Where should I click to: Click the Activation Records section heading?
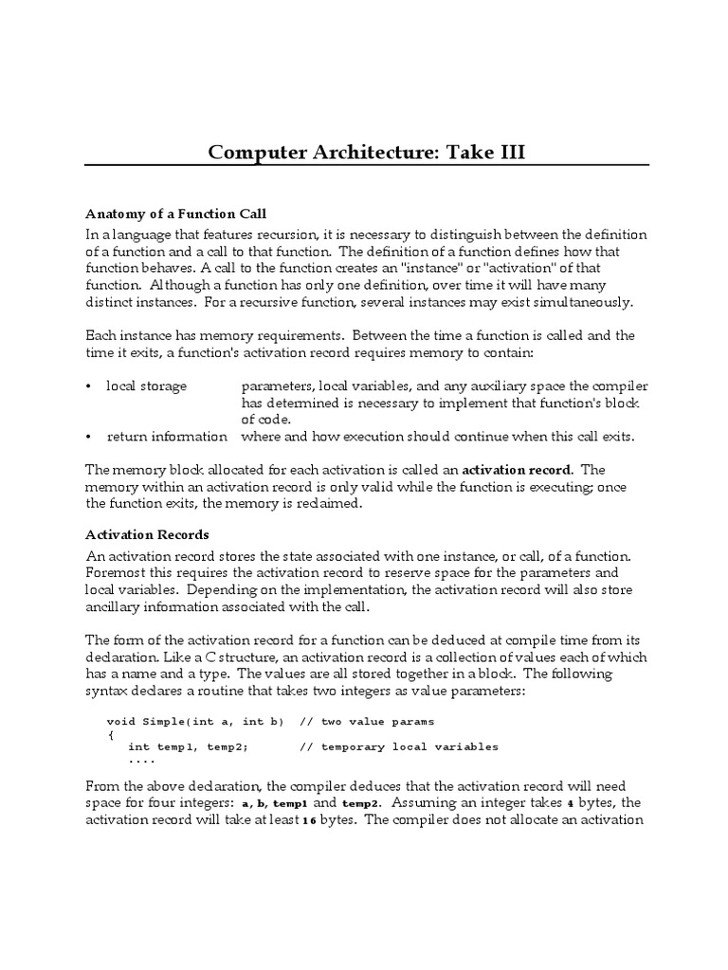click(147, 534)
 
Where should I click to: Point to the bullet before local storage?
click(89, 386)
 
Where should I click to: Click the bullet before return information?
click(89, 437)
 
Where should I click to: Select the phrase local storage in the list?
click(146, 386)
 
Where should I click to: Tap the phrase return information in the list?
click(167, 436)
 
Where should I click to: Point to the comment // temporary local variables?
click(398, 746)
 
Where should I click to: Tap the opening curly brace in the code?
click(111, 734)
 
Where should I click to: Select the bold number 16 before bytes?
click(309, 820)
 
